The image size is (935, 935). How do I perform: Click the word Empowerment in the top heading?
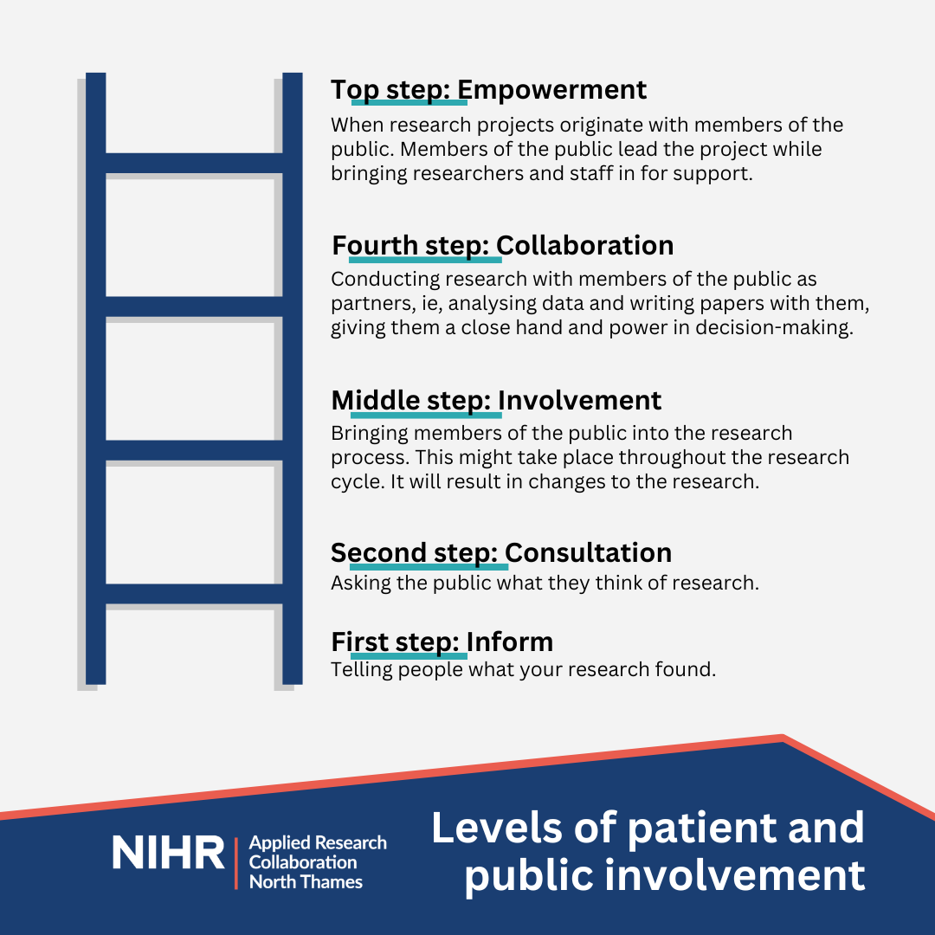[551, 90]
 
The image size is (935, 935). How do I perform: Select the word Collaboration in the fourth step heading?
[585, 246]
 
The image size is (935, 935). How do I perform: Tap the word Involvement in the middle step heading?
[579, 400]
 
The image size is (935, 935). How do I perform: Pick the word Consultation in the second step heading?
[589, 552]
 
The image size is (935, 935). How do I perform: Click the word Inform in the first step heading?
[510, 642]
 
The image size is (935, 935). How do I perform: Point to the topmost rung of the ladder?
[194, 163]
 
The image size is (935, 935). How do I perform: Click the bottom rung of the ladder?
[194, 594]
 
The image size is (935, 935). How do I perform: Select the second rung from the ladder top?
[194, 306]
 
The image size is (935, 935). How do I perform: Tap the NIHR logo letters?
[169, 853]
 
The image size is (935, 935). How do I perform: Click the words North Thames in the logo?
[306, 882]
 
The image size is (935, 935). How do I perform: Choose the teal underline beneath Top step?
[409, 102]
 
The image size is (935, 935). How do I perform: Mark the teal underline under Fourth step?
[425, 260]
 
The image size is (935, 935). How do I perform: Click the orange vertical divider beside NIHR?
[236, 863]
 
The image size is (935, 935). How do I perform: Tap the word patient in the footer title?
[701, 829]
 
